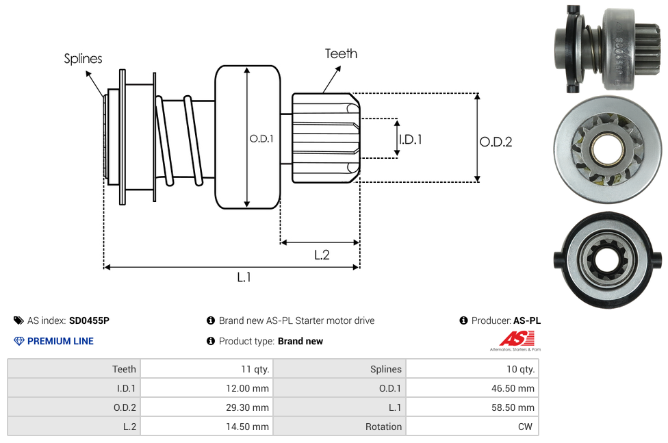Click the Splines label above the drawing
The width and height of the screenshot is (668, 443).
coord(83,59)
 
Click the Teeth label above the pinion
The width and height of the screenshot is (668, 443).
coord(341,53)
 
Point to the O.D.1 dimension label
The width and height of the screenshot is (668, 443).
coord(261,138)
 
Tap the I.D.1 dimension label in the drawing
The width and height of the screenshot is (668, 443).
coord(410,139)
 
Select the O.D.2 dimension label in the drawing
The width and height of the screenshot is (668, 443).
coord(496,142)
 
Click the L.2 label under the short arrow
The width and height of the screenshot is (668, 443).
coord(322,255)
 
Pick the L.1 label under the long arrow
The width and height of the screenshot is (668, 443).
coord(244,277)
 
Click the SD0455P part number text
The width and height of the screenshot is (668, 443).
coord(89,320)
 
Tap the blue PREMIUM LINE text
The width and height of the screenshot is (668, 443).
coord(60,341)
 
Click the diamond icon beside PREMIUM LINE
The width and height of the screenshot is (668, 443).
coord(18,341)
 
